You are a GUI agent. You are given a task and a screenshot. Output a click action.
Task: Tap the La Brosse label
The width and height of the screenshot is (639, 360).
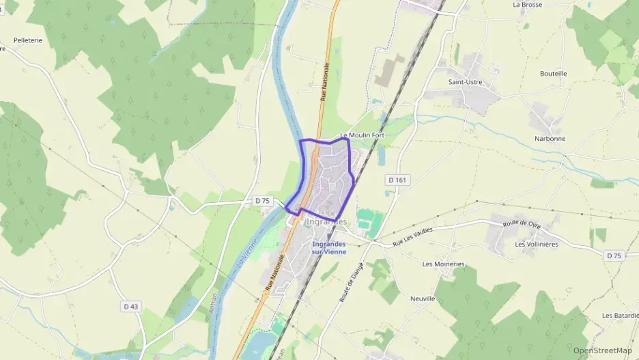tap(527, 4)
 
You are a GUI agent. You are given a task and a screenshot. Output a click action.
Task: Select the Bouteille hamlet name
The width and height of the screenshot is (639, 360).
tap(553, 74)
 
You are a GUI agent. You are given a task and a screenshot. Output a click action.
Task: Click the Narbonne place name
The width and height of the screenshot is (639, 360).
tap(550, 139)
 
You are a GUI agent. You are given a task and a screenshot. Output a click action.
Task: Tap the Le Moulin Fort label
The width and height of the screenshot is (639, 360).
tap(362, 135)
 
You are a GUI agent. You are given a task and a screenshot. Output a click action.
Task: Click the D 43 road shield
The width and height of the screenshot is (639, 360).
tap(130, 306)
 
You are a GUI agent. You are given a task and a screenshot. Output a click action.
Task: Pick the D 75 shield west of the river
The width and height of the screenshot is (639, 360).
tap(263, 201)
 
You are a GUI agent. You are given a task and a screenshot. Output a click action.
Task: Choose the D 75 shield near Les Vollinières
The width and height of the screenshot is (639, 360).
tap(614, 255)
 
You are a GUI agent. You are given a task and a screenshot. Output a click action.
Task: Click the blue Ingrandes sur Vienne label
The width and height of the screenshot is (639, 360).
tap(328, 248)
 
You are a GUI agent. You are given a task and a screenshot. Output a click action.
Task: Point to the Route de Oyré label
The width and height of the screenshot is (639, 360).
tap(521, 223)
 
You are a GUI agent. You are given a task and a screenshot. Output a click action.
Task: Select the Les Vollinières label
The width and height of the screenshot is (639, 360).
tap(537, 244)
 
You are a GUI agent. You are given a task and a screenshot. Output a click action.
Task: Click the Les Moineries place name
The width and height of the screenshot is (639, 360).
tap(444, 264)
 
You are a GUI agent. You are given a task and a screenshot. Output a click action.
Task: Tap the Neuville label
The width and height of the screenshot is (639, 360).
tap(423, 299)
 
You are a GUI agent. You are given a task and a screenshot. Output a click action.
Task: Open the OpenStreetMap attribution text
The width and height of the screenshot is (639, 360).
tap(602, 350)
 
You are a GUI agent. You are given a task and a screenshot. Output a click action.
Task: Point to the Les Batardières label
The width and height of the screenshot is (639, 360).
tap(620, 316)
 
